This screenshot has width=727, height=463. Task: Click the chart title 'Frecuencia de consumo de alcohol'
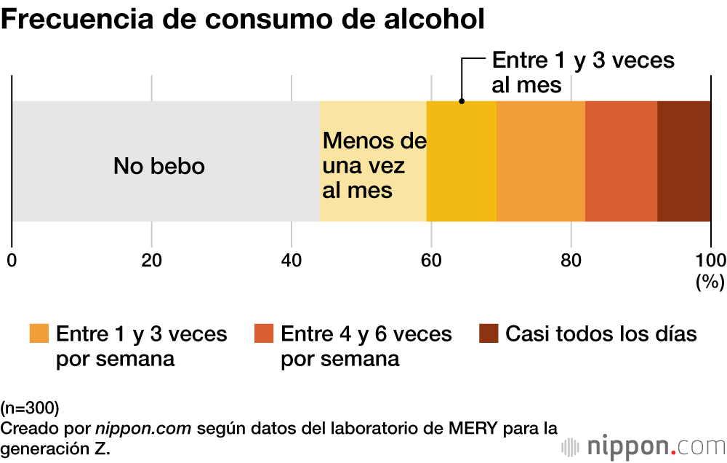click(243, 20)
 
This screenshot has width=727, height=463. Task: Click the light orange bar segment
click(541, 161)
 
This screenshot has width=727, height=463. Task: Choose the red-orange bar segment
click(621, 161)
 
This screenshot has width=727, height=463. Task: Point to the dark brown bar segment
click(683, 161)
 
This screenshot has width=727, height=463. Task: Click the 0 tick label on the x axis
click(12, 261)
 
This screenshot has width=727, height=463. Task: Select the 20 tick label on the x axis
click(151, 261)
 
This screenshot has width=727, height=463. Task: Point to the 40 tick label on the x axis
click(291, 261)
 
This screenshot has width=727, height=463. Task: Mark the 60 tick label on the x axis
click(431, 261)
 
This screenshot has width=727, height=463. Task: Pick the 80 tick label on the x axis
click(571, 261)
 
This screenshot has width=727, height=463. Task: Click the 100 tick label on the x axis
click(710, 261)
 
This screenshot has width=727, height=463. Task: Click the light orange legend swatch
click(39, 333)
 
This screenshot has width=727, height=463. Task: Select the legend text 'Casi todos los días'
click(601, 334)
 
